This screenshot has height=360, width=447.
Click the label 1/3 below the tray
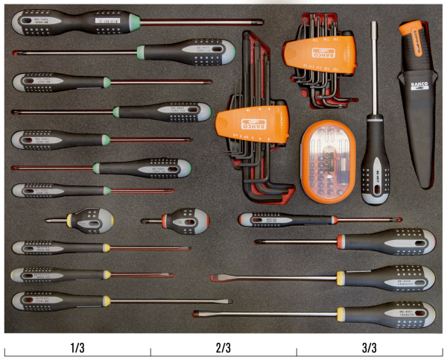[x=77, y=348]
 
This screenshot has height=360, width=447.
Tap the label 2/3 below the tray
[x=223, y=348]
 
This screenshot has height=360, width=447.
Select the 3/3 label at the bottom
[x=370, y=348]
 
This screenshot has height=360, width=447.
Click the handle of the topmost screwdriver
[x=60, y=22]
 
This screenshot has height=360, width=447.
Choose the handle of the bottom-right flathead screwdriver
[x=387, y=313]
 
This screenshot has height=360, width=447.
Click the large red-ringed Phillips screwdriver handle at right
[x=387, y=241]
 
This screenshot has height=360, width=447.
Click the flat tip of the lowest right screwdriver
[x=196, y=313]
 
